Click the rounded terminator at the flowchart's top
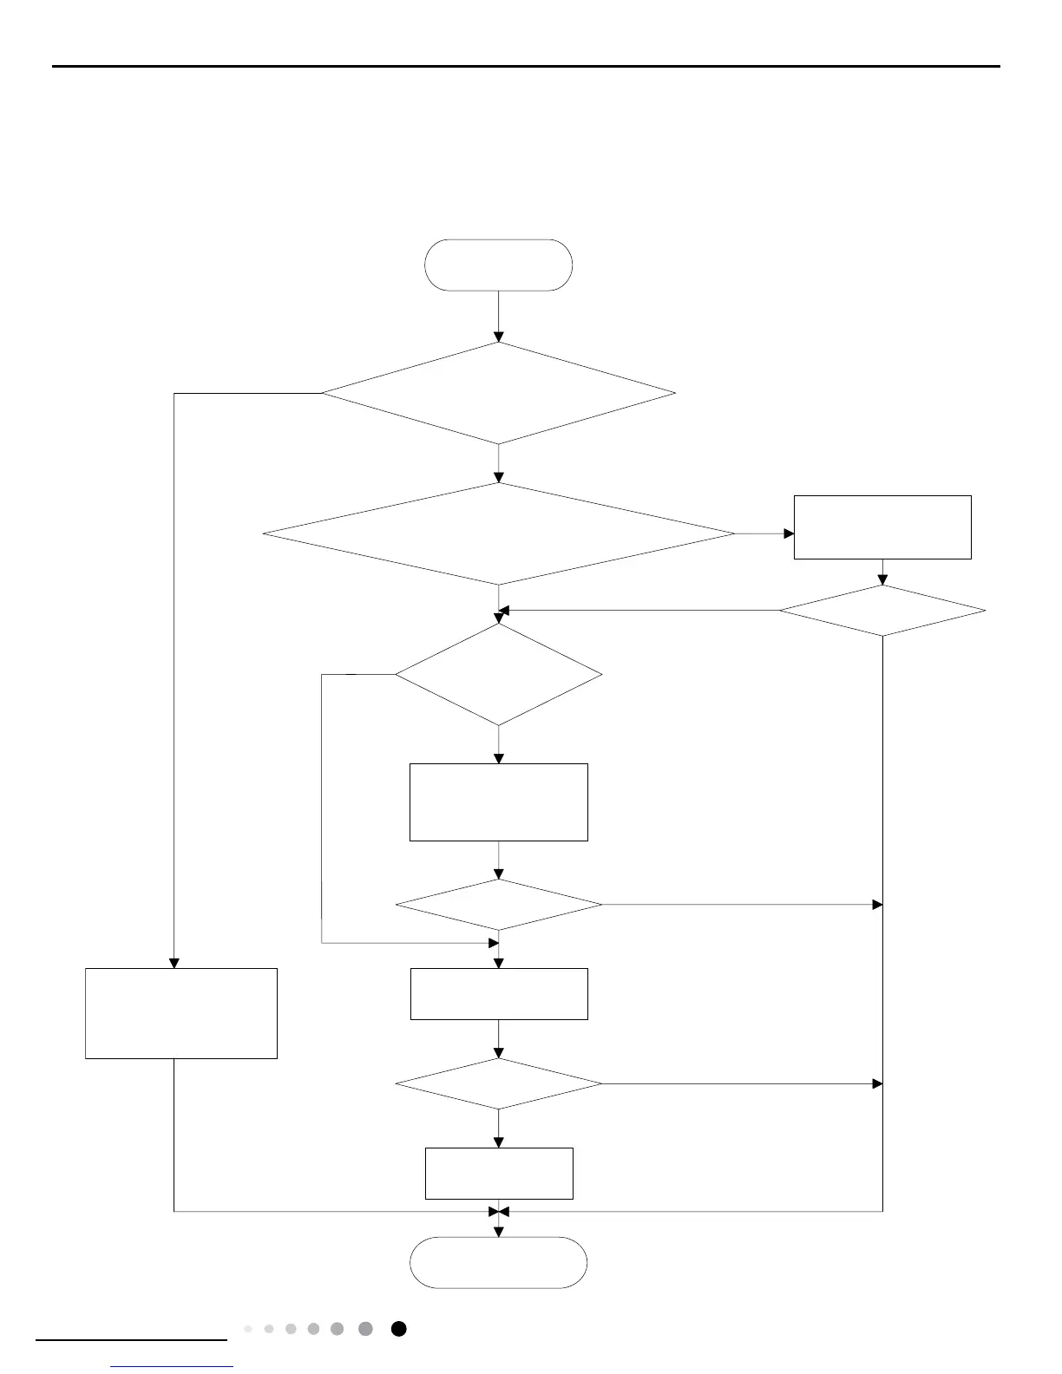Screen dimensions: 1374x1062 498,265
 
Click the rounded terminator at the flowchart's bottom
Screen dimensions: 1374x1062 498,1262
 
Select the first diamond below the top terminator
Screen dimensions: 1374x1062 498,393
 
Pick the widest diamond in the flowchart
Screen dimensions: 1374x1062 498,533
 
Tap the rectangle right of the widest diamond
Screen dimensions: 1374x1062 882,527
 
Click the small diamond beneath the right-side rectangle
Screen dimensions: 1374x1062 882,611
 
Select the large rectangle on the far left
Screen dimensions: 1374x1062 180,1013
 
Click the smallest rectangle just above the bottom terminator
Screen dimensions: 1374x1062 498,1173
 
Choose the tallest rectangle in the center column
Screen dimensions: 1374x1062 498,801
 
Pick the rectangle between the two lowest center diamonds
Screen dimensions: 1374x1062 498,993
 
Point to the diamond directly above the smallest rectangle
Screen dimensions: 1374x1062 498,1083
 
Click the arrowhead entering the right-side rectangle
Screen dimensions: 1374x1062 789,533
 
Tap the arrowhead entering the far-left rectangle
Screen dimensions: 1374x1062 174,963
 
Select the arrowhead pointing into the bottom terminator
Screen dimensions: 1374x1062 498,1232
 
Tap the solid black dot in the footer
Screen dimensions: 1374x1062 398,1329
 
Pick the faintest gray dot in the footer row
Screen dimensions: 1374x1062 248,1329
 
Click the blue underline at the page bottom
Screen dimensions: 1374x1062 172,1367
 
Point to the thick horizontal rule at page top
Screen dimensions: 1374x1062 526,66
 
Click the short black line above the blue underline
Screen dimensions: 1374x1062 131,1340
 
